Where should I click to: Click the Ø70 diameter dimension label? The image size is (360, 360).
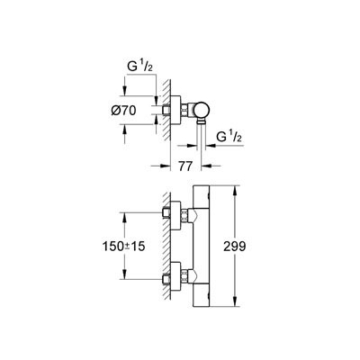click(x=123, y=111)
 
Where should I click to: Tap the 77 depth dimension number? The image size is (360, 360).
click(x=185, y=166)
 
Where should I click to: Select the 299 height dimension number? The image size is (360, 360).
click(x=235, y=247)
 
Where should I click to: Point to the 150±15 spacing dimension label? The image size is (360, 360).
click(x=123, y=247)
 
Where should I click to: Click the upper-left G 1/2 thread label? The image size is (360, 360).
click(x=140, y=67)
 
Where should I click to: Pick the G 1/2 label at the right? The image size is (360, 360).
click(x=229, y=138)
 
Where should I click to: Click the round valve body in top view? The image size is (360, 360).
click(x=202, y=110)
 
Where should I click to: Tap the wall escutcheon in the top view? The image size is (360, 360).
click(x=175, y=111)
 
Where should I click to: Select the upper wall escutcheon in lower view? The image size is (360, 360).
click(x=175, y=216)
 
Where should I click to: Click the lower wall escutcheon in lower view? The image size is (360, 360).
click(x=175, y=276)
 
